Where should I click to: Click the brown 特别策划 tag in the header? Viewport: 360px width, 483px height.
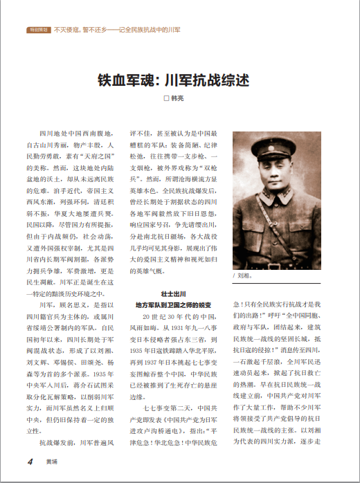37,30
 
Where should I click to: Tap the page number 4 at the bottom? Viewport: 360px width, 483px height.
30,462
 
